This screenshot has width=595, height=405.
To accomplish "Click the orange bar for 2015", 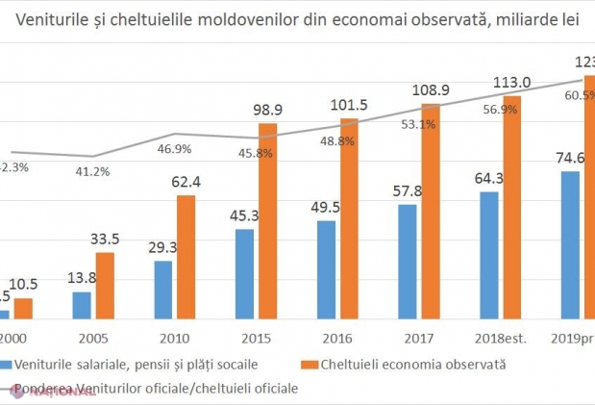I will (267, 221).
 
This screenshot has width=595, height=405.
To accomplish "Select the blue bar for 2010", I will (163, 290).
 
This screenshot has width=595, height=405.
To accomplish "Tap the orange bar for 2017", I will (431, 212).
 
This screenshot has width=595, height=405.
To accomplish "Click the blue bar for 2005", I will (82, 305).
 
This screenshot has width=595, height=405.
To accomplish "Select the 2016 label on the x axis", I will (331, 338).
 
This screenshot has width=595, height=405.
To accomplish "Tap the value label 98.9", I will (266, 110).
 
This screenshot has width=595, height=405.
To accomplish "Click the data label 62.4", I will (186, 181).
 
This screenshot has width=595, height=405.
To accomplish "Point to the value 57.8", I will (407, 190).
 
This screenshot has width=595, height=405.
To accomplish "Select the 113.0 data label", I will (511, 82).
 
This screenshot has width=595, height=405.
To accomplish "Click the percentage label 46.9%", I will (175, 149).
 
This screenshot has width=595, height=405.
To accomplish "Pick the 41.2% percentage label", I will (93, 171).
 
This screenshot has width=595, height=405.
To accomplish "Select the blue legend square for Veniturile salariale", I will (7, 365).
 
